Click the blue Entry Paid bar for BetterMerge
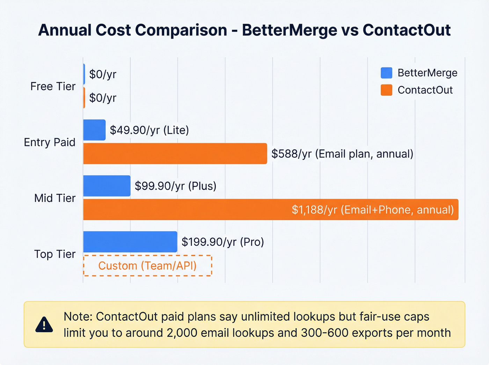[94, 130]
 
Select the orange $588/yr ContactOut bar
[175, 154]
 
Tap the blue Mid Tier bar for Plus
[107, 186]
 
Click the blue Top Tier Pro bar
[130, 242]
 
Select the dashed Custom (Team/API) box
[147, 266]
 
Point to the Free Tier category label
[53, 86]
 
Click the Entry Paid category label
[50, 142]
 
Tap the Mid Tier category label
[55, 198]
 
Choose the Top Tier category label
[55, 254]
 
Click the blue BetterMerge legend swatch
[386, 73]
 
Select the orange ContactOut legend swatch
[386, 90]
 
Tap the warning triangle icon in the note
[44, 325]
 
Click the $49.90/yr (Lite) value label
[149, 130]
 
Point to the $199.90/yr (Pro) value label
[222, 242]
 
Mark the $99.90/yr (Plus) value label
[175, 186]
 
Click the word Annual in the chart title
[65, 30]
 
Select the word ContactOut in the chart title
[407, 30]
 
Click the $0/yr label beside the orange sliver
[102, 98]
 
